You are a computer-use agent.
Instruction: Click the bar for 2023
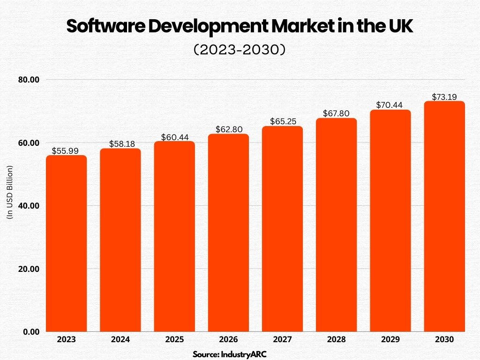pos(66,244)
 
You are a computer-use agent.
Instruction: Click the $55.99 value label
pos(66,151)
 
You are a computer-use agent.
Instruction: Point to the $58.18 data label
pos(120,144)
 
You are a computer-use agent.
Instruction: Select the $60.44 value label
pos(174,137)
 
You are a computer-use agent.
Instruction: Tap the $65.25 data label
pos(282,121)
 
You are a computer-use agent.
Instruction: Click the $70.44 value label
pos(390,105)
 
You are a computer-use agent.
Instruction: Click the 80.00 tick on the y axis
pos(28,80)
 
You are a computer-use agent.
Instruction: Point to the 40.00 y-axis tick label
pos(28,206)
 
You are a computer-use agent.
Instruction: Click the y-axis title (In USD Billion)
pos(10,192)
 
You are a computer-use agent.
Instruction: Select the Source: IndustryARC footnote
pos(230,354)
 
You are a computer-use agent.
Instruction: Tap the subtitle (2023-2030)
pos(240,50)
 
